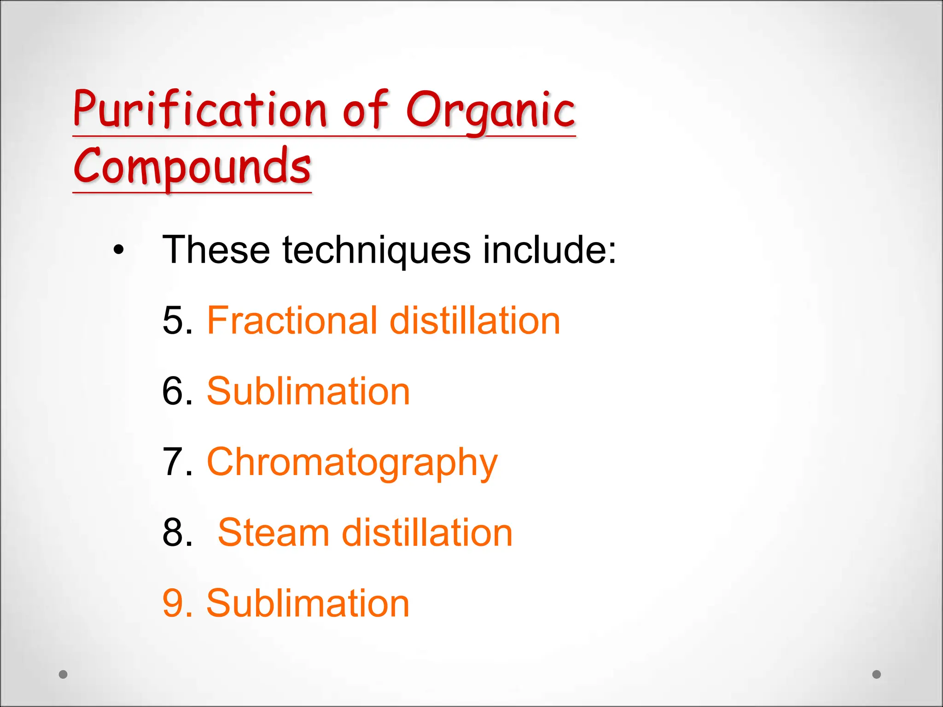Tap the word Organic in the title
click(490, 110)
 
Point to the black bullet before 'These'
click(119, 250)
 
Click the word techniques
click(377, 250)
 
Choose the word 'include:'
click(549, 250)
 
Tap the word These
click(216, 250)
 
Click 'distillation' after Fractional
click(475, 321)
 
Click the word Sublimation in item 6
click(308, 391)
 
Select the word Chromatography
click(352, 463)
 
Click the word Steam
click(274, 533)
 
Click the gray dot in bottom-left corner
click(64, 674)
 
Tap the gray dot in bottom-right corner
click(877, 674)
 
